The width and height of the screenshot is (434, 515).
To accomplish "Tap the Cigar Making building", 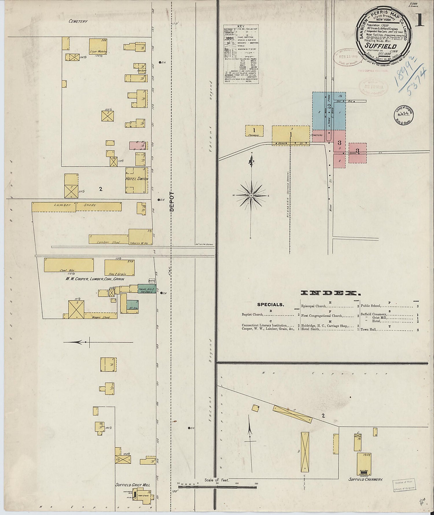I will pos(98,46).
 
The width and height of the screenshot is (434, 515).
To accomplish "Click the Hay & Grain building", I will pos(119,267).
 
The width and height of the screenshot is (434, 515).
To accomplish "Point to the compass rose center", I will pos(251,195).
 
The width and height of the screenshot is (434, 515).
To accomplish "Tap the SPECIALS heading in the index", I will pos(271,305).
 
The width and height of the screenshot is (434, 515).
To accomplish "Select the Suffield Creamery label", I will pos(366,479).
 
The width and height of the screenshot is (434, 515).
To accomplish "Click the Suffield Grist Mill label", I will pos(133,485).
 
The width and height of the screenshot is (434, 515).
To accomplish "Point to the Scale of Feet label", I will pos(217,480).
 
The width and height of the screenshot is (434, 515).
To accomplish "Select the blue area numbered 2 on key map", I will pos(329,111).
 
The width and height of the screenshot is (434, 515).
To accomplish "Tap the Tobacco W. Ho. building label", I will pos(139,243).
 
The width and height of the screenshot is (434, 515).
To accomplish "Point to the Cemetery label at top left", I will pos(78,21).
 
